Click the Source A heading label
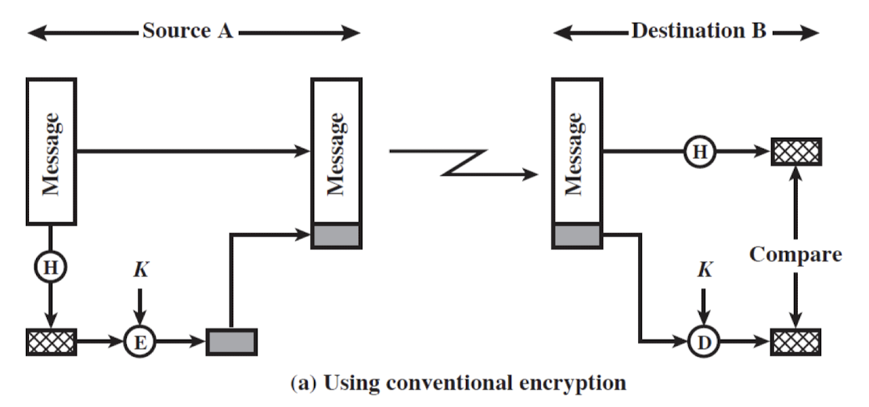click(x=188, y=32)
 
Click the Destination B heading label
click(x=698, y=32)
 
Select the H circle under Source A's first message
click(x=51, y=268)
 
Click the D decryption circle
click(x=702, y=341)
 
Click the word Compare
click(x=795, y=254)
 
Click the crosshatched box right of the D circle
click(x=796, y=341)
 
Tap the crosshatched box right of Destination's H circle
click(x=796, y=151)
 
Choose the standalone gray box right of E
click(x=232, y=341)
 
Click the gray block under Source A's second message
click(x=336, y=235)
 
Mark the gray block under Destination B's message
click(x=577, y=235)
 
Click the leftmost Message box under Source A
click(x=52, y=151)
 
